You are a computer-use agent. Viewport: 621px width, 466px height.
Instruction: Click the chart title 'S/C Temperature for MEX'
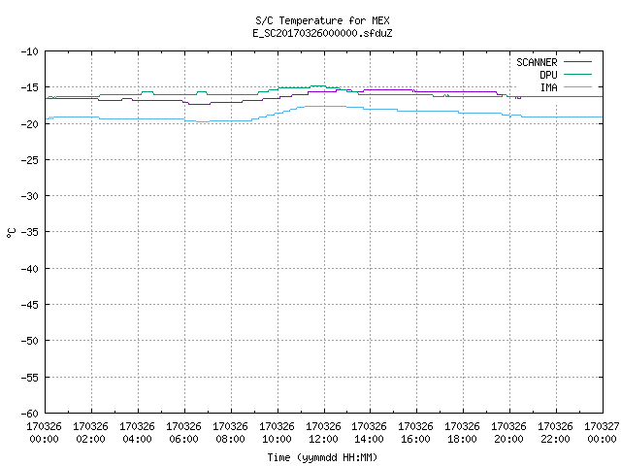click(322, 20)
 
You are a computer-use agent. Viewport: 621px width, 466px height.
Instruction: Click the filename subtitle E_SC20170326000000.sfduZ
click(322, 33)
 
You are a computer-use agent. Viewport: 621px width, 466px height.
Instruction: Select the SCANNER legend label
click(537, 62)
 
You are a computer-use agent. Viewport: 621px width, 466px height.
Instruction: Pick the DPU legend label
click(548, 75)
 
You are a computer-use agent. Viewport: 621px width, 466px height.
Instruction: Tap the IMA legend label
click(549, 87)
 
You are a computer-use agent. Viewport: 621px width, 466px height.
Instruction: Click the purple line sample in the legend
click(577, 62)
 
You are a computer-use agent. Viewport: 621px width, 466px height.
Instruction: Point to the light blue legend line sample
click(577, 86)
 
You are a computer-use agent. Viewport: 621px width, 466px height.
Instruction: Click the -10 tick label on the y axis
click(30, 51)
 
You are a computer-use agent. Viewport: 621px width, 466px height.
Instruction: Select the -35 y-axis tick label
click(30, 232)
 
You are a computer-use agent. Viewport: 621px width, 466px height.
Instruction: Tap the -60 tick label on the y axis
click(30, 414)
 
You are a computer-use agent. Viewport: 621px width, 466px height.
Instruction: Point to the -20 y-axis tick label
click(30, 123)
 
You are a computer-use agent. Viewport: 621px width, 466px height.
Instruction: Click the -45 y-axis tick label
click(30, 304)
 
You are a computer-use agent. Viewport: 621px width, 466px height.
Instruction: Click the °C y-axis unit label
click(11, 233)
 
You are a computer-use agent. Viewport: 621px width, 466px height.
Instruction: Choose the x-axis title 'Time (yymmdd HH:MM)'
click(322, 457)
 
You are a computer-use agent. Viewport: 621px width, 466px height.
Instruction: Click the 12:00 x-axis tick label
click(323, 439)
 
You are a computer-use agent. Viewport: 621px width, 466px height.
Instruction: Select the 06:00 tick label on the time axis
click(183, 439)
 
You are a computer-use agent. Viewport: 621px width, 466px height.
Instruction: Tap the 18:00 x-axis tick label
click(462, 439)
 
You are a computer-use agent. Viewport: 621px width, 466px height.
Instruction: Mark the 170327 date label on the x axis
click(602, 426)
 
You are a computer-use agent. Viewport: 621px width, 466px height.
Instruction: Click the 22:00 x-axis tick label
click(555, 439)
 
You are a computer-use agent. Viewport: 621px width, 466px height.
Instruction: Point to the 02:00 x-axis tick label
click(90, 439)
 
